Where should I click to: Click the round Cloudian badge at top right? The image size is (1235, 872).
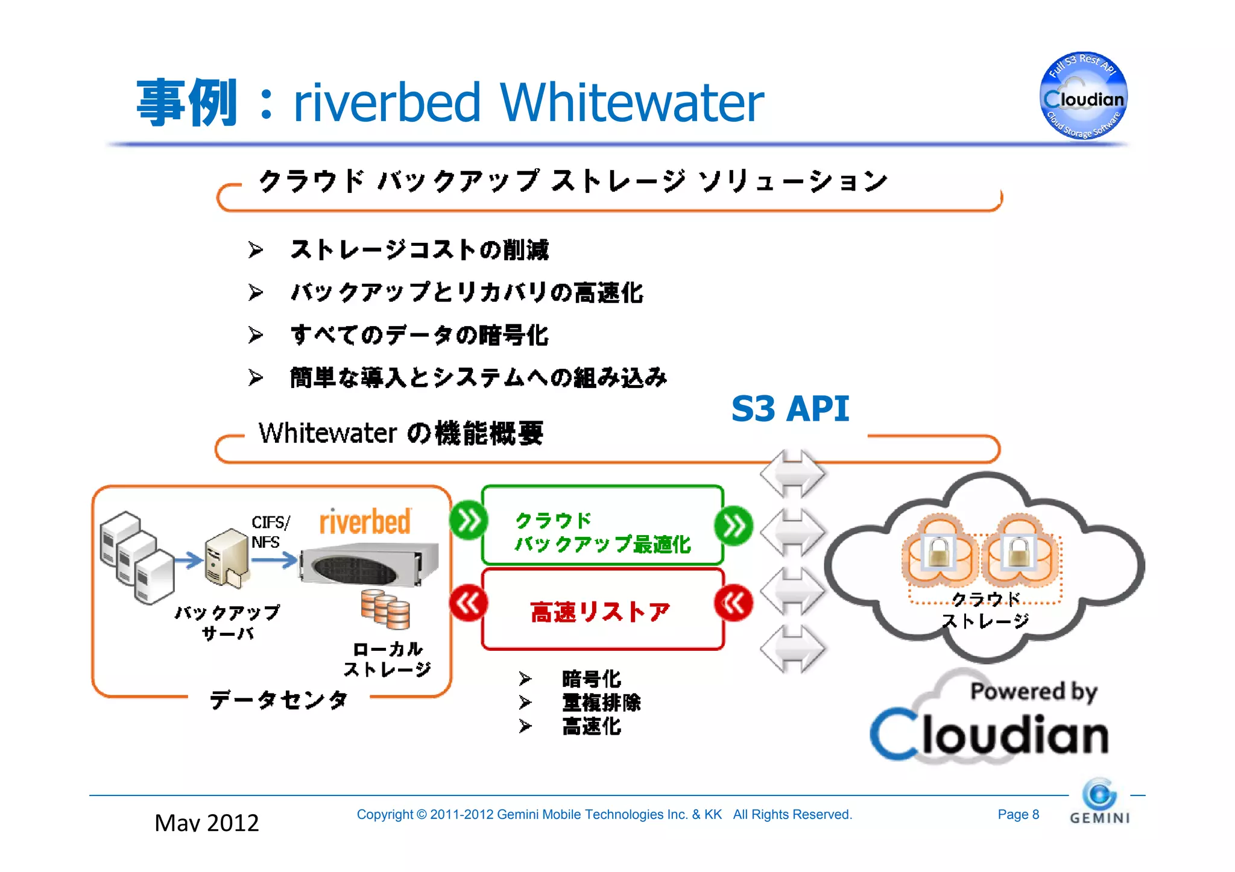pyautogui.click(x=1084, y=96)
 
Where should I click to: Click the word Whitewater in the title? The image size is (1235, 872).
pyautogui.click(x=631, y=102)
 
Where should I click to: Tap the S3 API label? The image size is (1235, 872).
pyautogui.click(x=789, y=409)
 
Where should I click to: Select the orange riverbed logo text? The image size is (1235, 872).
pyautogui.click(x=365, y=521)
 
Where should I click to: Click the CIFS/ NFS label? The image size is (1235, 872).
pyautogui.click(x=270, y=532)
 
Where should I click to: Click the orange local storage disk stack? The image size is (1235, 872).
pyautogui.click(x=385, y=609)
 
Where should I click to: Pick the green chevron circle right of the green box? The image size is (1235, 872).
pyautogui.click(x=733, y=525)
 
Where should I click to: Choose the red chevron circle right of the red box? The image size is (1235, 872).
pyautogui.click(x=733, y=603)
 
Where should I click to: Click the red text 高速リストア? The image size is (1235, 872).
pyautogui.click(x=600, y=612)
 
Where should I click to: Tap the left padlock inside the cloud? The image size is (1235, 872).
pyautogui.click(x=939, y=551)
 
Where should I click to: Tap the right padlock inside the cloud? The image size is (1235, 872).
pyautogui.click(x=1018, y=551)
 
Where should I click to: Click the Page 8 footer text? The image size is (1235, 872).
pyautogui.click(x=1018, y=815)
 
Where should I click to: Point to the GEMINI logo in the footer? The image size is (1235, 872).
pyautogui.click(x=1099, y=803)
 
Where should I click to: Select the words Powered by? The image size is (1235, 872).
pyautogui.click(x=1033, y=691)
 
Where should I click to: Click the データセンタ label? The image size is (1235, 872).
pyautogui.click(x=279, y=700)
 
